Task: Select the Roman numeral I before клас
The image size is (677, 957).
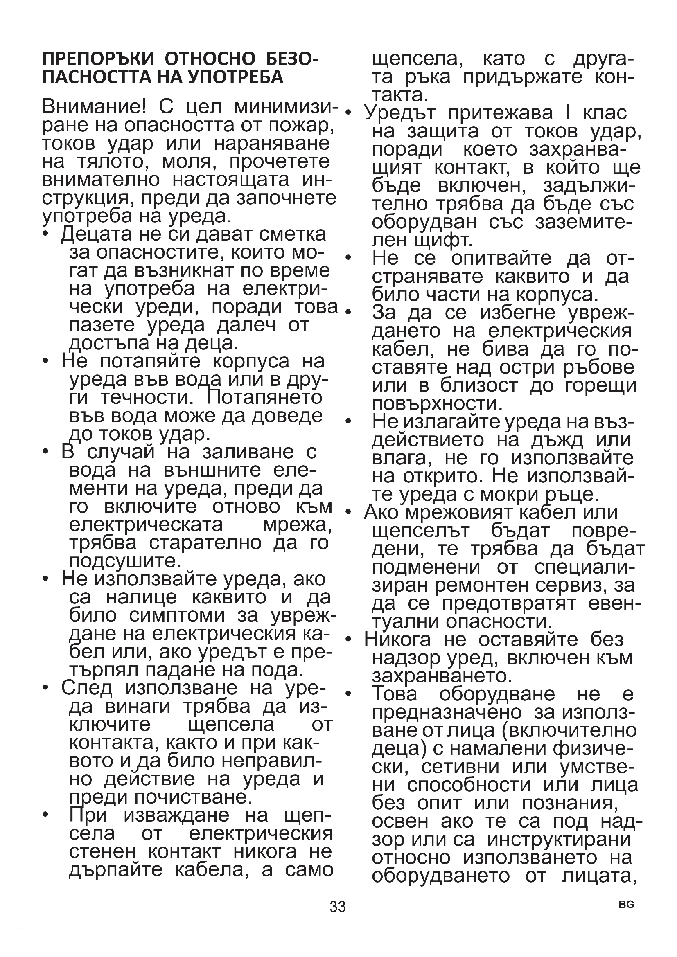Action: tap(568, 113)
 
